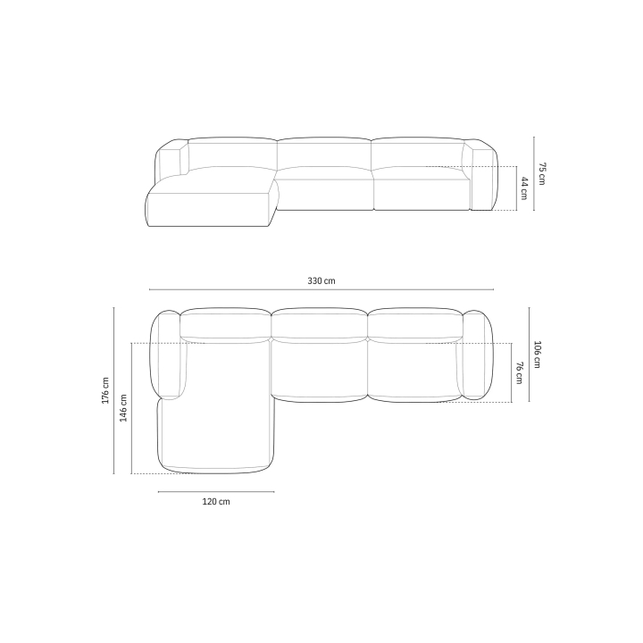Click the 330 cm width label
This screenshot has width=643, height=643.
321,281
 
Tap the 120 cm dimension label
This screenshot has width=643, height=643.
216,502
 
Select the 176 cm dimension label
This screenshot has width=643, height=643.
105,390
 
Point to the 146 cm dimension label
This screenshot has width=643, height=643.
123,408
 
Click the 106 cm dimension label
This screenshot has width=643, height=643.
537,355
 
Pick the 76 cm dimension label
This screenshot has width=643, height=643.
519,372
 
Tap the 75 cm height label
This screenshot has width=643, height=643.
542,173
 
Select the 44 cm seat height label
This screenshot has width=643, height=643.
524,188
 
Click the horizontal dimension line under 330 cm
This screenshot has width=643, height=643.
321,289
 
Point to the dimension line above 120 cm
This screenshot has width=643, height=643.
216,492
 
